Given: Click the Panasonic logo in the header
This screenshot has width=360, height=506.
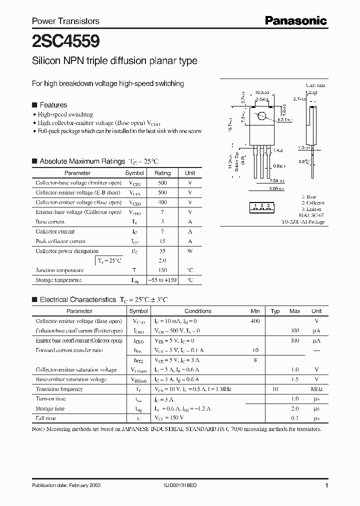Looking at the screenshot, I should coord(295,20).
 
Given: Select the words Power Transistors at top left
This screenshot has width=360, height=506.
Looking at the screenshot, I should coord(65,21).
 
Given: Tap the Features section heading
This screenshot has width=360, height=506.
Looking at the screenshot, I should coord(53,105).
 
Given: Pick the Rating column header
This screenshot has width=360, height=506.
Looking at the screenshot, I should coord(162,173).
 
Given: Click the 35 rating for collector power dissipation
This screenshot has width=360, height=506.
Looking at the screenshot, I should coord(162,251).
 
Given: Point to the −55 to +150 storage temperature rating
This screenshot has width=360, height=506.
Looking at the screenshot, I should coord(162,280).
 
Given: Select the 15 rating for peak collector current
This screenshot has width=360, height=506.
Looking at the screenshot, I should coord(162,241).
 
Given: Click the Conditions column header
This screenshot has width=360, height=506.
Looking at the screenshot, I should coord(197,311).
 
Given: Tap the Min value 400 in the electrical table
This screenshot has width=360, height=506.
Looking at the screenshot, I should coord(255,320).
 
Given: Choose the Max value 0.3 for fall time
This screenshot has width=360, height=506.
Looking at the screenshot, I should coord(295,418).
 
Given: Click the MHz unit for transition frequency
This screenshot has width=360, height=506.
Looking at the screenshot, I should coord(316,389).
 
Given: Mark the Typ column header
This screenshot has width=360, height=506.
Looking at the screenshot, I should coord(275,311).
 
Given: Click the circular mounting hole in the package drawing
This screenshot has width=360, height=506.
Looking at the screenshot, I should coord(260,116).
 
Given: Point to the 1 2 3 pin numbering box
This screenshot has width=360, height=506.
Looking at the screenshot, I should coord(261,206).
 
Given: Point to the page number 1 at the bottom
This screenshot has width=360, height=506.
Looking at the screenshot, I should coord(326,486).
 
